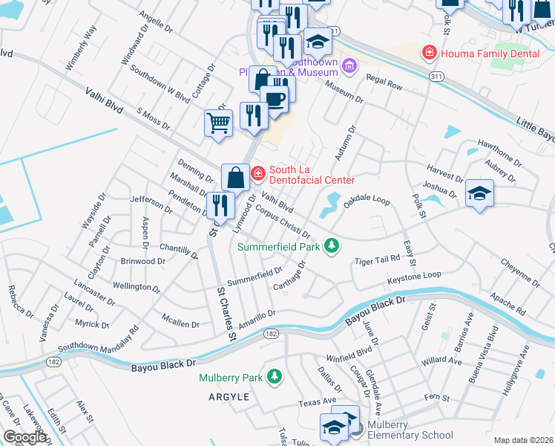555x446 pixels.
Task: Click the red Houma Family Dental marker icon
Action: click(x=428, y=52)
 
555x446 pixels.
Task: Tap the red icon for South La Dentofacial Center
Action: click(x=257, y=174)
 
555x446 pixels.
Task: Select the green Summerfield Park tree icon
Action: click(x=333, y=245)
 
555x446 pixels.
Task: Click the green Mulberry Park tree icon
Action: click(x=275, y=377)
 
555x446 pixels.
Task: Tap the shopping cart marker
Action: click(x=218, y=123)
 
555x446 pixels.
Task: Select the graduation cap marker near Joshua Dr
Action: click(x=479, y=194)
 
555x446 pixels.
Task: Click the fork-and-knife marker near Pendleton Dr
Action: click(x=221, y=205)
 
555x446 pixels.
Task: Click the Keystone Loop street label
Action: click(x=413, y=277)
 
